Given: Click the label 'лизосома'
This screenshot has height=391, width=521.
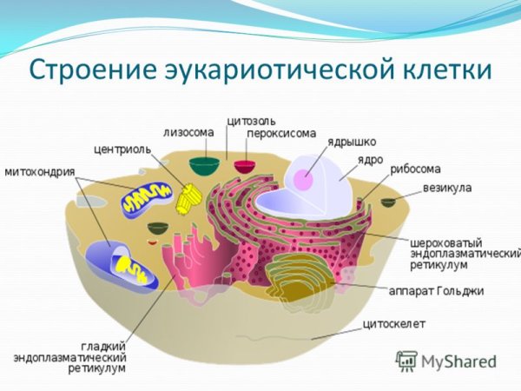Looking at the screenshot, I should tap(188, 132).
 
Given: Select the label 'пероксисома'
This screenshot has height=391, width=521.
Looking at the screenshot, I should tap(275, 133).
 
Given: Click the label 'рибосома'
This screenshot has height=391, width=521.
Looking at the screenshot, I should tap(415, 169).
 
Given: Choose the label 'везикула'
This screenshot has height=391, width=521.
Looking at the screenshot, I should tap(446, 187).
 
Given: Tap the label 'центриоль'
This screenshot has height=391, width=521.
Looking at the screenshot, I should tap(122, 149).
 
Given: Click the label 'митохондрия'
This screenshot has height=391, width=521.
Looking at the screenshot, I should tap(40, 171).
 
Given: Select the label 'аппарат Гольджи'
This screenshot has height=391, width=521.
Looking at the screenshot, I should tap(446, 290).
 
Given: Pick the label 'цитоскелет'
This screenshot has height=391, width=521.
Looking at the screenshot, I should tap(394, 325).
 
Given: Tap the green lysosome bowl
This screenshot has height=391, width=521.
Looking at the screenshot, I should tap(206, 167).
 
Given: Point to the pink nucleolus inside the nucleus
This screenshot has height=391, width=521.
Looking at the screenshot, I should tap(302, 180).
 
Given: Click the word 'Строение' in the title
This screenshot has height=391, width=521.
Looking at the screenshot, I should tap(85, 70).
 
